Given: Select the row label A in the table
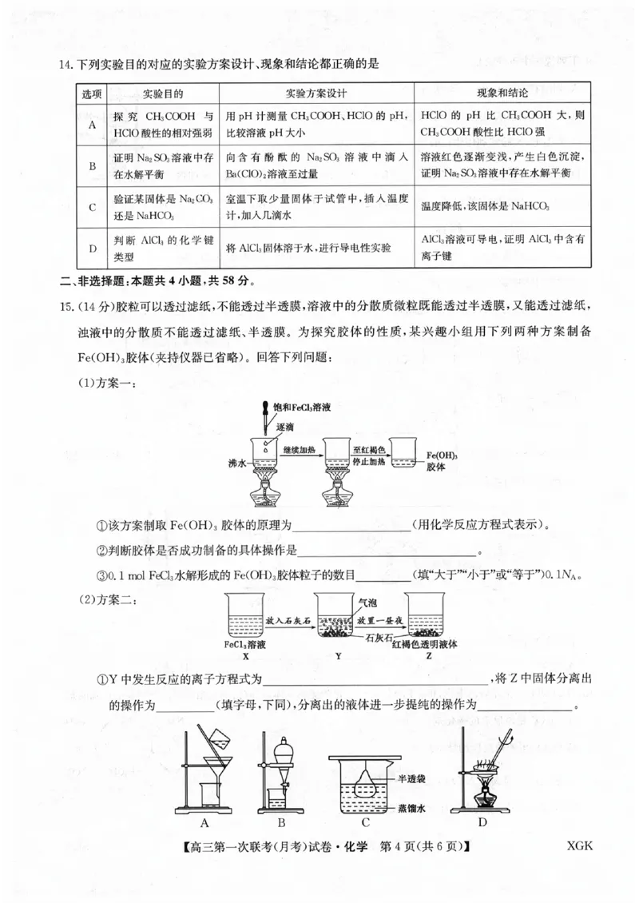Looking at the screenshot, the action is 92,124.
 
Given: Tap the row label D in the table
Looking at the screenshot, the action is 92,249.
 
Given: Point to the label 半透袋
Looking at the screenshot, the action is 411,779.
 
